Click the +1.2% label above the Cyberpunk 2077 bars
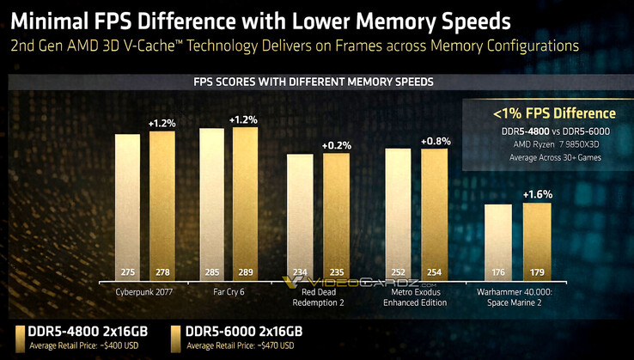(x=162, y=123)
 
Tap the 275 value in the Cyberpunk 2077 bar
(x=127, y=272)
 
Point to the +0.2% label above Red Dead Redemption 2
(x=336, y=145)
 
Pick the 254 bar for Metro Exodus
(x=433, y=216)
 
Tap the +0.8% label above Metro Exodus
(x=434, y=140)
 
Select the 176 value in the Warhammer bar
(x=497, y=272)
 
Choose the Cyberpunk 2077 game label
(x=144, y=291)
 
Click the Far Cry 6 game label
(x=228, y=291)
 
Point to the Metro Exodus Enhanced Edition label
(x=416, y=296)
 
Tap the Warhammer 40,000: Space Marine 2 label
(x=517, y=296)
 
